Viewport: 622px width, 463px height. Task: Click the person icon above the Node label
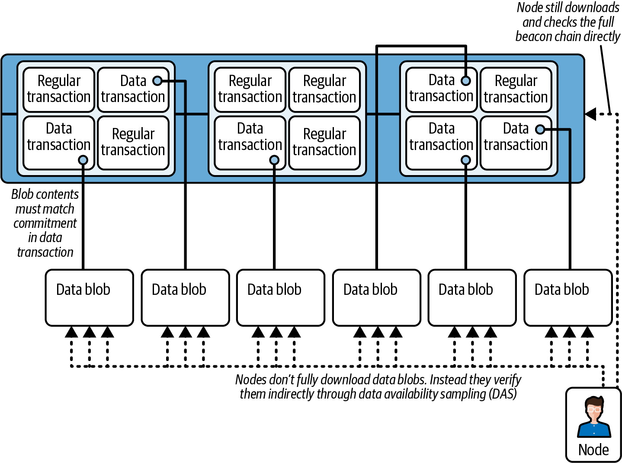pyautogui.click(x=594, y=417)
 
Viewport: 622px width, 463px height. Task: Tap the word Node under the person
pyautogui.click(x=593, y=450)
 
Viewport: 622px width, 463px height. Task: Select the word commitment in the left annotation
pyautogui.click(x=45, y=223)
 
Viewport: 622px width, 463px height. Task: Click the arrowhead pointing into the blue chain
pyautogui.click(x=591, y=114)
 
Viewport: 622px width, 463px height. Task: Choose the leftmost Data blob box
pyautogui.click(x=89, y=297)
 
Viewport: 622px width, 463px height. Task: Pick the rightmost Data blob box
pyautogui.click(x=567, y=297)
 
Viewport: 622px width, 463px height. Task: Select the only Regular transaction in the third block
pyautogui.click(x=516, y=89)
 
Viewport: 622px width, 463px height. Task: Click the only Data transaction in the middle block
pyautogui.click(x=250, y=142)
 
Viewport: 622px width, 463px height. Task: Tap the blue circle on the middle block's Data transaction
pyautogui.click(x=274, y=160)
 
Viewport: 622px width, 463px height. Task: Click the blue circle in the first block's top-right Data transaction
pyautogui.click(x=158, y=81)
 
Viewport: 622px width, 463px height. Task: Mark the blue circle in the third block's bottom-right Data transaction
pyautogui.click(x=540, y=129)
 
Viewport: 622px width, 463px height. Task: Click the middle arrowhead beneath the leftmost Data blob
pyautogui.click(x=89, y=332)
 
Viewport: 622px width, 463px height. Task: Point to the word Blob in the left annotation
pyautogui.click(x=22, y=194)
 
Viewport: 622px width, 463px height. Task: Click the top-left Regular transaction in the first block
pyautogui.click(x=59, y=89)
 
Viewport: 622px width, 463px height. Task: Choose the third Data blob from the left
pyautogui.click(x=280, y=297)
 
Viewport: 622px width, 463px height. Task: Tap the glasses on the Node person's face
pyautogui.click(x=594, y=409)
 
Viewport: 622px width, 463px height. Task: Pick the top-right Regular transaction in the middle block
pyautogui.click(x=324, y=89)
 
